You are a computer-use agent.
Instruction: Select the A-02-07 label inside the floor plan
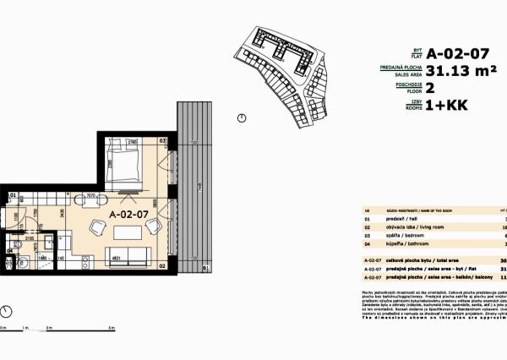tap(129, 215)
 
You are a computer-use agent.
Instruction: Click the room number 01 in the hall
tap(13, 196)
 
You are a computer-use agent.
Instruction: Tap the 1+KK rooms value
tap(448, 107)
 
